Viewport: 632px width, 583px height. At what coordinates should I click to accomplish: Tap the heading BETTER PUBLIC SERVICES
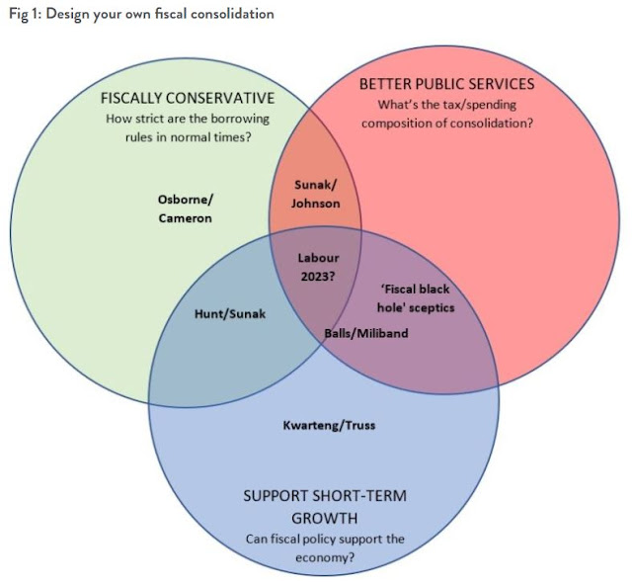tap(446, 84)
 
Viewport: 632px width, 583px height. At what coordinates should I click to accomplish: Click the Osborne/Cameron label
tap(185, 208)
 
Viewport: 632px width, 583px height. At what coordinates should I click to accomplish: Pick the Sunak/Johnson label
tap(316, 194)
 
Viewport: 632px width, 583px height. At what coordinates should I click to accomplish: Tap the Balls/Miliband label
tap(366, 333)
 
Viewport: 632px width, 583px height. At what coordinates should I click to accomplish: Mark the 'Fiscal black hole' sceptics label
tap(417, 297)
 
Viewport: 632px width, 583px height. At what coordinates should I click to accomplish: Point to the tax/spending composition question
tap(446, 114)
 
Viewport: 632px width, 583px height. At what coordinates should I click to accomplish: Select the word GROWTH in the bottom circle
tap(324, 517)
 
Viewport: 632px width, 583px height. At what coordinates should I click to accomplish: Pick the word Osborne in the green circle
tap(182, 199)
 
